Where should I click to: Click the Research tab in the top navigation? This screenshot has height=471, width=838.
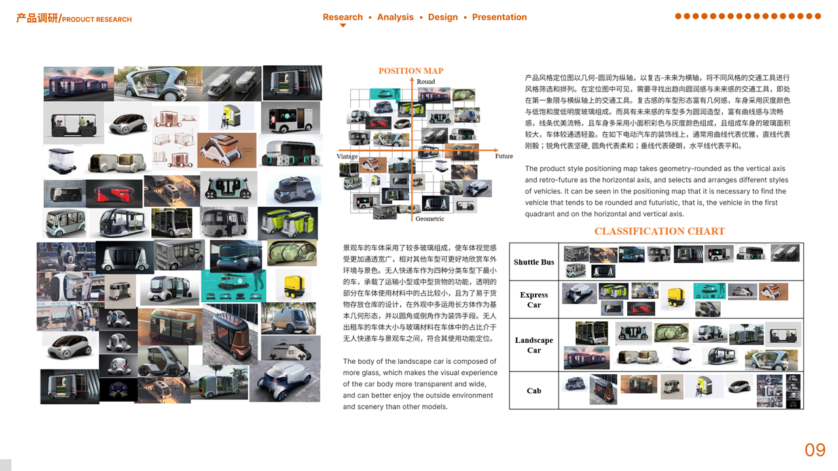tap(342, 17)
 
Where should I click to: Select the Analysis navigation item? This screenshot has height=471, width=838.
tap(395, 17)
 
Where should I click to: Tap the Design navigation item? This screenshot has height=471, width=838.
tap(443, 17)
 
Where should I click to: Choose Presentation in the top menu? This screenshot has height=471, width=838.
tap(499, 17)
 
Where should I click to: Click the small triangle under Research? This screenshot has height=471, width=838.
tap(342, 26)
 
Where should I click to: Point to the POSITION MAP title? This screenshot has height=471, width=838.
tap(410, 71)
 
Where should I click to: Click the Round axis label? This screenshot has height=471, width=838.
tap(426, 82)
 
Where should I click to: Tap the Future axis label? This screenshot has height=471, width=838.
tap(503, 156)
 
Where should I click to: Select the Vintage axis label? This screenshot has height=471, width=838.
tap(347, 156)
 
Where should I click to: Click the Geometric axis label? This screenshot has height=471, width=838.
tap(429, 218)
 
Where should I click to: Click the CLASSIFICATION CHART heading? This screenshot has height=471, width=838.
tap(659, 231)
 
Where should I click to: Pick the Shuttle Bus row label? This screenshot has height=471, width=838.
tap(534, 262)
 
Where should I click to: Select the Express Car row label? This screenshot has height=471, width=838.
tap(534, 300)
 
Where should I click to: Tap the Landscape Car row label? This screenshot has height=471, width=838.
tap(534, 345)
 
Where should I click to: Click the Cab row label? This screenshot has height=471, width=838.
tap(534, 391)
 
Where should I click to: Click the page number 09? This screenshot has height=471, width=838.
tap(815, 450)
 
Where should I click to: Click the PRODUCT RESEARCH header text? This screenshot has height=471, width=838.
tap(97, 20)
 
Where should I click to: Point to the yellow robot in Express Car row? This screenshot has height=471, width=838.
tap(675, 297)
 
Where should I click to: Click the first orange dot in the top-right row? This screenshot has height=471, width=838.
tap(678, 16)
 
